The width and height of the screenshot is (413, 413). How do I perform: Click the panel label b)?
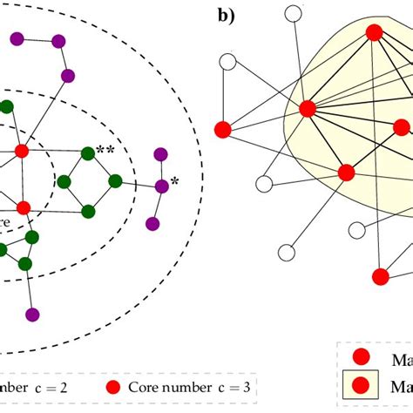point(227,15)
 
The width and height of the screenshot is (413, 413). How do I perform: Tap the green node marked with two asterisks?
point(87,154)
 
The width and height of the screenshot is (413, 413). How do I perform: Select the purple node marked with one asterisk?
point(161,186)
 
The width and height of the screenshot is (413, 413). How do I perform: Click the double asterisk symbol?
point(105,151)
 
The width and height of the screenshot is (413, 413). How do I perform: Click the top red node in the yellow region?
point(375,33)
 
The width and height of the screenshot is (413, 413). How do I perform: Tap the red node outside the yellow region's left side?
point(222,129)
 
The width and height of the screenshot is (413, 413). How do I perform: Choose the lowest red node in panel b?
point(380,276)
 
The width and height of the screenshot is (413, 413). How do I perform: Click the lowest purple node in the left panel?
point(33,315)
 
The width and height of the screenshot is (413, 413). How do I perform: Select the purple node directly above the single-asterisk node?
point(160,155)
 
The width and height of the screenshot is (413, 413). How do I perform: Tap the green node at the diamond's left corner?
point(64,182)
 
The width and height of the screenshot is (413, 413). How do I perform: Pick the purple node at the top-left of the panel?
point(18,37)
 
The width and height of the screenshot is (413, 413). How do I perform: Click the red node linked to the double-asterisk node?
point(23,152)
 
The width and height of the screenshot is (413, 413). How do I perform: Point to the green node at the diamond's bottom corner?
point(87,210)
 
